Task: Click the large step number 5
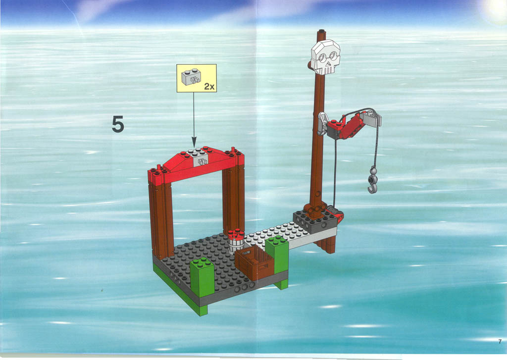click(118, 124)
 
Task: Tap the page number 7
click(500, 341)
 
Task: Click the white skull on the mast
click(325, 57)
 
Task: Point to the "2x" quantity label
click(209, 86)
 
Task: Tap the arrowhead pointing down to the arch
click(194, 142)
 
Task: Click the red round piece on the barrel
click(236, 234)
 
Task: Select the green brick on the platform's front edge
click(202, 277)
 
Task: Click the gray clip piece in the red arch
click(201, 160)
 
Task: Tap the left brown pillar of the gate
click(161, 221)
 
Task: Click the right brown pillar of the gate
click(233, 199)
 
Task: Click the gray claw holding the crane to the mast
click(322, 123)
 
